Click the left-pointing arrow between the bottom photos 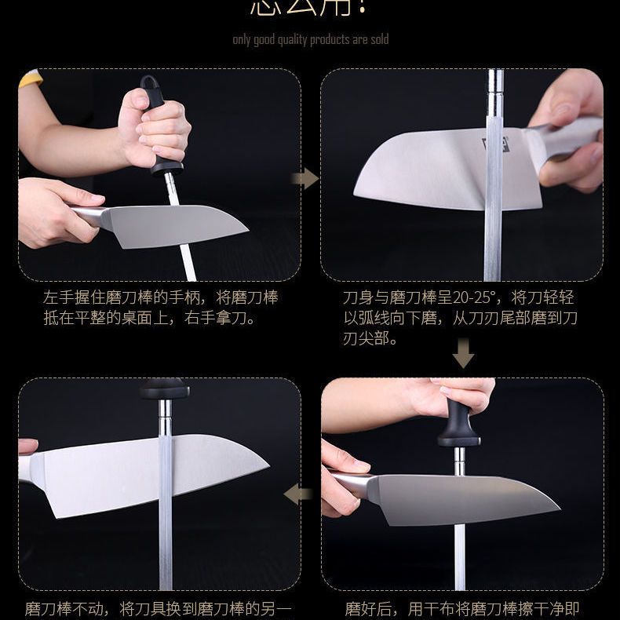coord(298,494)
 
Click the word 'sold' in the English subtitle coord(378,39)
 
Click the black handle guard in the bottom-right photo coord(459,428)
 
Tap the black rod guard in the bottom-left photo coord(164,389)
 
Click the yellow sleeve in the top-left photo coord(31,78)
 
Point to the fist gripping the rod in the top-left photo coord(155,129)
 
